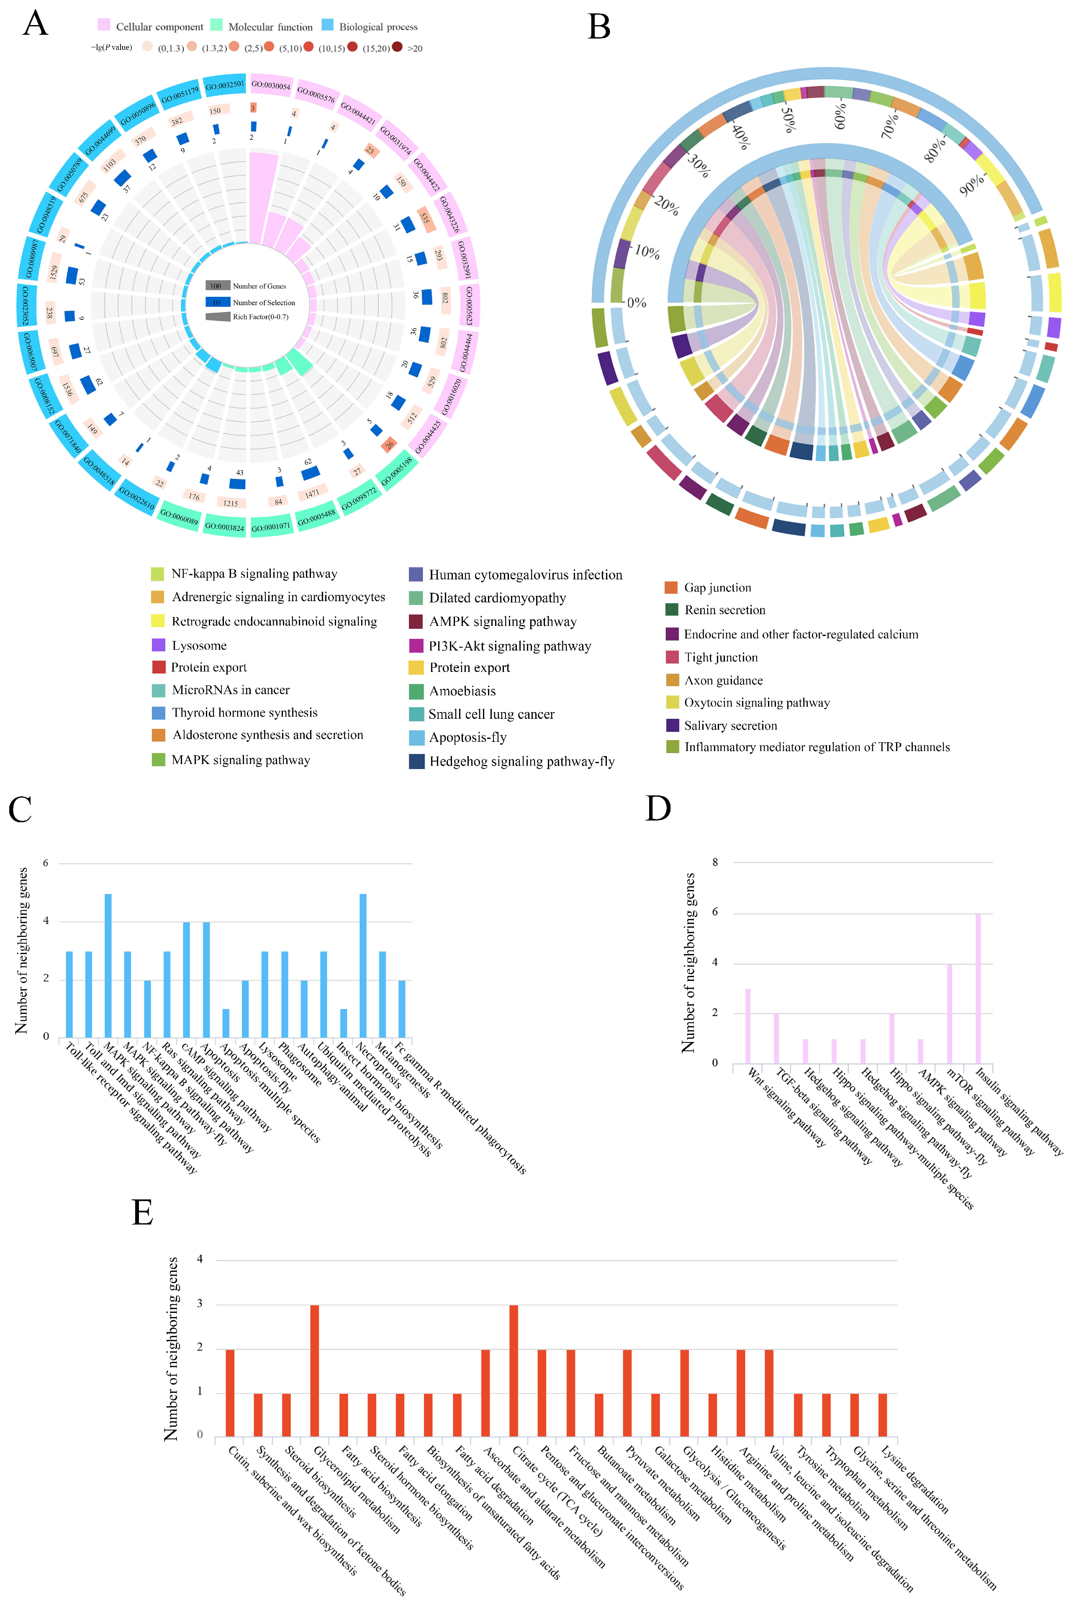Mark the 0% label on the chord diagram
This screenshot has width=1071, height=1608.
[x=636, y=303]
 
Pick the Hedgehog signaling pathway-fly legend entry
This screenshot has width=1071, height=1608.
[x=521, y=762]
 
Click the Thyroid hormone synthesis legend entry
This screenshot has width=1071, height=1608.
[x=244, y=713]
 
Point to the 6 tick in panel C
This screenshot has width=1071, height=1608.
[x=46, y=863]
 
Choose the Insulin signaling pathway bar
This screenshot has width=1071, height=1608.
[x=978, y=988]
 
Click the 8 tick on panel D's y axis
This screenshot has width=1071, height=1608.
[x=715, y=863]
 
